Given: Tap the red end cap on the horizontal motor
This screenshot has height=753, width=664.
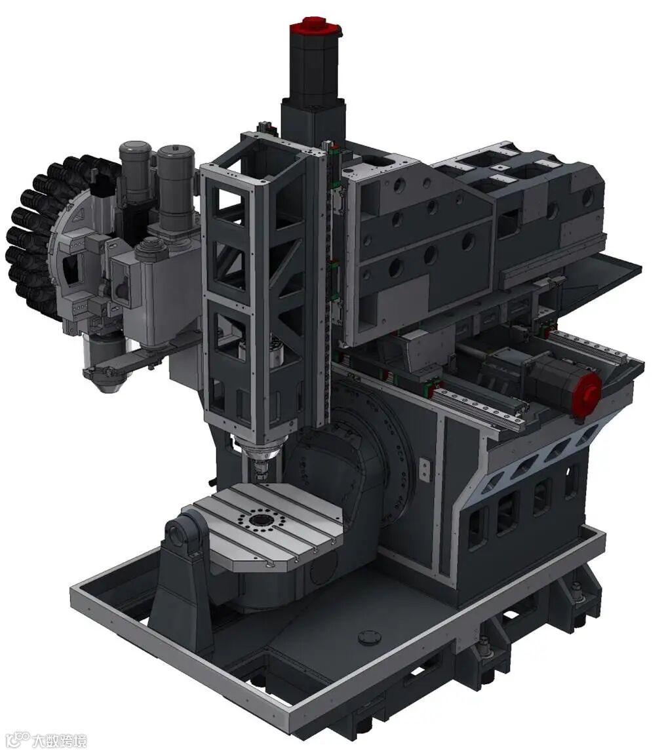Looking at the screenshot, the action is [x=586, y=390].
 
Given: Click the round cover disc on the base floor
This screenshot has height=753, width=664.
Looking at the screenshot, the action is [x=370, y=637].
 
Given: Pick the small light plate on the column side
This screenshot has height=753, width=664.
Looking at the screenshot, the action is [x=424, y=469].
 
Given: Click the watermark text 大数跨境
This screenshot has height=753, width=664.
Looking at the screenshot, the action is [x=60, y=740].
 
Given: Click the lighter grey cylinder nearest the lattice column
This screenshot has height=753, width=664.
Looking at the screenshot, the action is [x=176, y=187].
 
